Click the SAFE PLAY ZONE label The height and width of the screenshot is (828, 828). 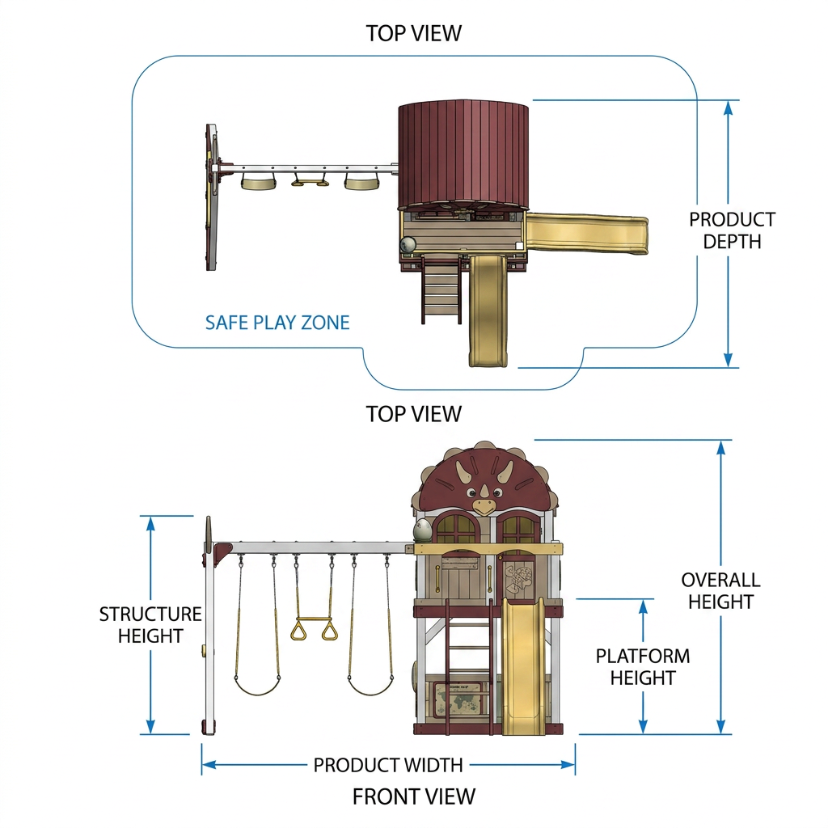pyautogui.click(x=277, y=323)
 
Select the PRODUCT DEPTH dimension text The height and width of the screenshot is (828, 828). pyautogui.click(x=732, y=230)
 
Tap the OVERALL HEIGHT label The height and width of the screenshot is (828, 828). pyautogui.click(x=720, y=591)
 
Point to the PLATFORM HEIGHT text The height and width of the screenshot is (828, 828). pyautogui.click(x=643, y=667)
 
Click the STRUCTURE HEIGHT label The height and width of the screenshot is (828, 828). pyautogui.click(x=150, y=625)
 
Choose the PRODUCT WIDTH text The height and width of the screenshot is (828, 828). pyautogui.click(x=388, y=765)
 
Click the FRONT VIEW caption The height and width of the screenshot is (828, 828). pyautogui.click(x=414, y=796)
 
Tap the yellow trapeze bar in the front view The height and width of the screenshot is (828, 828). pyautogui.click(x=315, y=619)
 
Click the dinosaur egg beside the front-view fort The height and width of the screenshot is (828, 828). pyautogui.click(x=422, y=530)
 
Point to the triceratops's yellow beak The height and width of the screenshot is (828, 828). pyautogui.click(x=484, y=507)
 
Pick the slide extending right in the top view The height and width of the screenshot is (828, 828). pyautogui.click(x=586, y=234)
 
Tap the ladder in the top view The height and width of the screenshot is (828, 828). pyautogui.click(x=441, y=289)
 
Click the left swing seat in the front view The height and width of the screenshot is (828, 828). pyautogui.click(x=257, y=686)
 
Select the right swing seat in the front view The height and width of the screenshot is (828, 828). pyautogui.click(x=370, y=686)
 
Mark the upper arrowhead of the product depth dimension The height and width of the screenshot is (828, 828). pyautogui.click(x=729, y=108)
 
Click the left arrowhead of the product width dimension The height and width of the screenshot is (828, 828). pyautogui.click(x=209, y=765)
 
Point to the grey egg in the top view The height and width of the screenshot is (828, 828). pyautogui.click(x=408, y=244)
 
